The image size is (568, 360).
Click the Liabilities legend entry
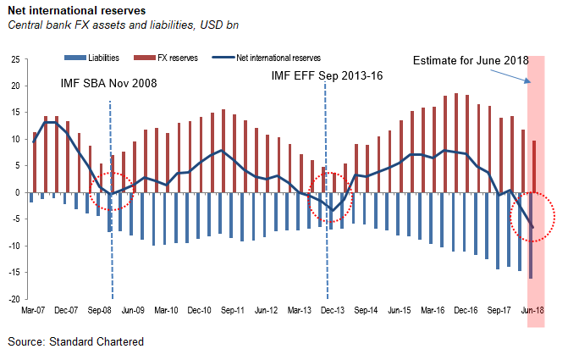coord(94,58)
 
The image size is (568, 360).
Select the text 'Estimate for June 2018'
coord(470,61)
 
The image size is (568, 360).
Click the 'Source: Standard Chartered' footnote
coord(77,341)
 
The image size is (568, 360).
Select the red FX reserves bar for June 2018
coord(533,166)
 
